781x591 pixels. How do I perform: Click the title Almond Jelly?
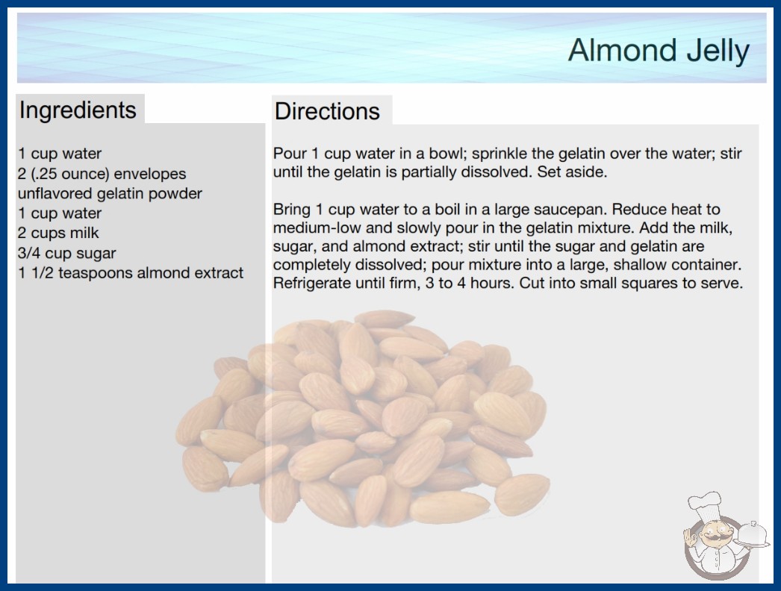coord(659,51)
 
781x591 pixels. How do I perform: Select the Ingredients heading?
coord(78,110)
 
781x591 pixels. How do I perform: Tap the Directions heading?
coord(327,111)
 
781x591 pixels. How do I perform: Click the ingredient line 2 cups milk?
coord(58,233)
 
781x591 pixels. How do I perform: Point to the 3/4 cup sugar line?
coord(66,253)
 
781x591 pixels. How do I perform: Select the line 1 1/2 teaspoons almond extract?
coord(131,273)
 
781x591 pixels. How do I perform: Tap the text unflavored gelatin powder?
coord(110,193)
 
